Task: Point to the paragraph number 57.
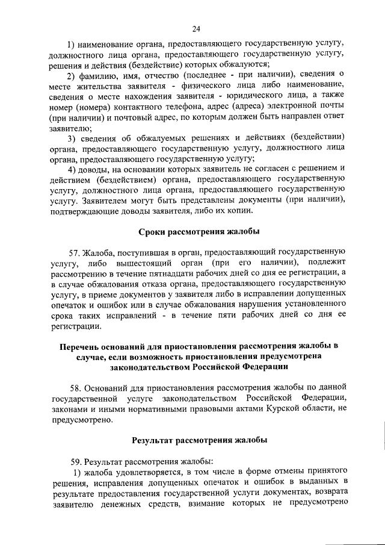pyautogui.click(x=76, y=251)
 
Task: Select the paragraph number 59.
pyautogui.click(x=76, y=461)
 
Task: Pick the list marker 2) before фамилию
pyautogui.click(x=71, y=74)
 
